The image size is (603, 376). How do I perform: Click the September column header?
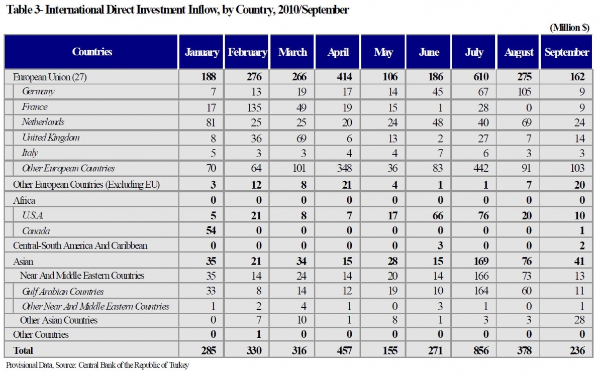[567, 52]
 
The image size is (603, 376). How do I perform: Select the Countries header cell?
[92, 52]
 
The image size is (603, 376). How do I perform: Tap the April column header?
[338, 52]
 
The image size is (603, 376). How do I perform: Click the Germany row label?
[38, 92]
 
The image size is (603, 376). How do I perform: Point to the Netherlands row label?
[43, 122]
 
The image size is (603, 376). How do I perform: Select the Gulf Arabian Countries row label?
[63, 292]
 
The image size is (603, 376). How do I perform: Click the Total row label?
[23, 350]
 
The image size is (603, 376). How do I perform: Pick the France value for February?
[254, 108]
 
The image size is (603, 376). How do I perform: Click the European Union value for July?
[481, 77]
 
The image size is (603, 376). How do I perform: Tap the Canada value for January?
[211, 230]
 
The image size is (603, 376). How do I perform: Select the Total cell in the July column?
[481, 351]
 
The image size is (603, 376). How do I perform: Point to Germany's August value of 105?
[525, 92]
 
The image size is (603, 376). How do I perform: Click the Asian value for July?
[481, 261]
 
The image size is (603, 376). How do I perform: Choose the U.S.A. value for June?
[438, 216]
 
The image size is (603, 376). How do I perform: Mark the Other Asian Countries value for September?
[579, 320]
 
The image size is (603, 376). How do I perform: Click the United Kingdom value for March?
[301, 139]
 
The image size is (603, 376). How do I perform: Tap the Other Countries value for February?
[259, 334]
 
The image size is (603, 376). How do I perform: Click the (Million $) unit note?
[569, 28]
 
